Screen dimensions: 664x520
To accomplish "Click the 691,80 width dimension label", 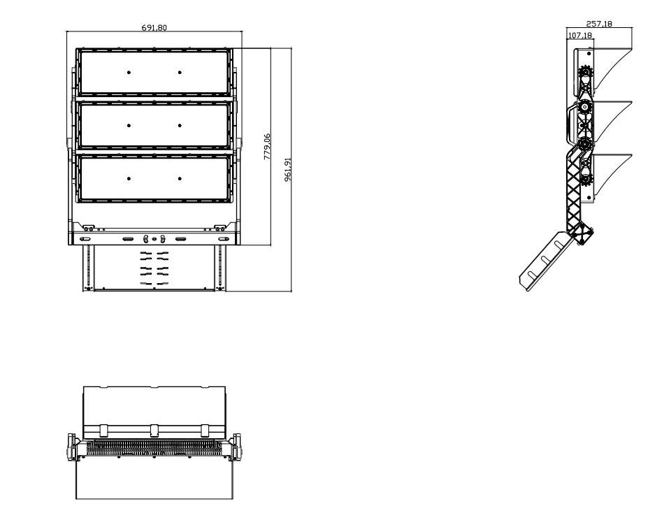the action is (x=154, y=27).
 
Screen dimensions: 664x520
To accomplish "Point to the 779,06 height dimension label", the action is (x=267, y=147).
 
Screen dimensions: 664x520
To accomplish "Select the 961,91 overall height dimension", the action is (x=288, y=169).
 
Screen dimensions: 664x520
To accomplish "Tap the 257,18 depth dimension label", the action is (x=599, y=24).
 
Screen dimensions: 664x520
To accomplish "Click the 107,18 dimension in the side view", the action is (x=579, y=35).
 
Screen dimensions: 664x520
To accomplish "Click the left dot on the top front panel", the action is (x=129, y=73).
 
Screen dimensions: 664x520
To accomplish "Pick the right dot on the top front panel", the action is (x=180, y=73).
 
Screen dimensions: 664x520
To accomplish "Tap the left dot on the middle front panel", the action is (x=129, y=125).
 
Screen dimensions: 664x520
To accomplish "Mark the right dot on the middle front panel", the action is (x=180, y=125).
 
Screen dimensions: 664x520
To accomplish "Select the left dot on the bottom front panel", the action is (x=129, y=179).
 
